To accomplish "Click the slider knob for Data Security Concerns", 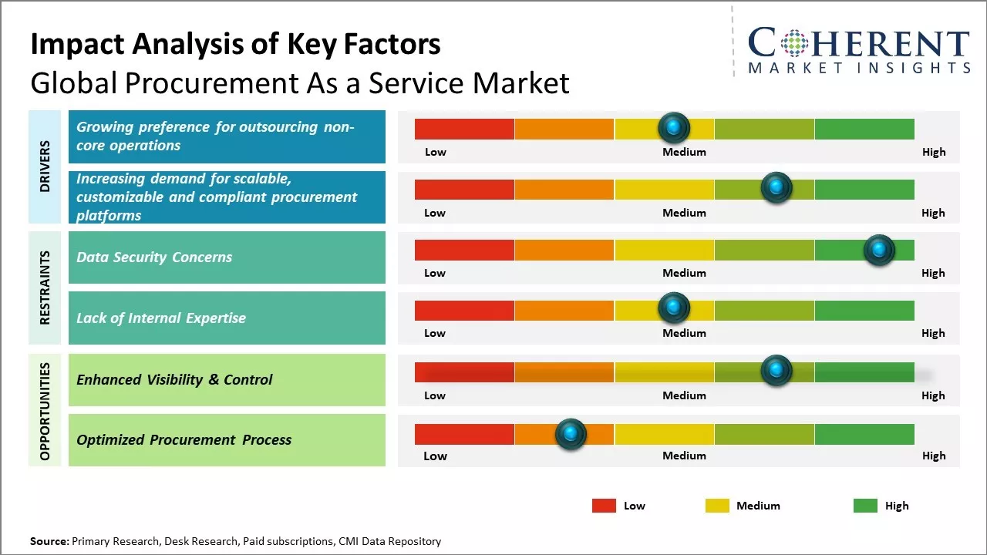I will [878, 250].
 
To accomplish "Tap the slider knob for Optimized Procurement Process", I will [571, 434].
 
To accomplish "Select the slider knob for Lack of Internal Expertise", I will [674, 308].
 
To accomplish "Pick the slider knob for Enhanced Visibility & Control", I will [776, 370].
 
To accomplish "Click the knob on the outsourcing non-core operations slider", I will [674, 127].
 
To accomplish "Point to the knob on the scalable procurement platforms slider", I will [776, 187].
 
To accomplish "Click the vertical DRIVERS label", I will [45, 166].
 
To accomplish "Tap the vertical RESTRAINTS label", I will [45, 288].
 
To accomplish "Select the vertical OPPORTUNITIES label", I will [45, 411].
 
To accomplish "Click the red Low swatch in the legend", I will [604, 506].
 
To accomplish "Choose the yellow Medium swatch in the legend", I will [717, 506].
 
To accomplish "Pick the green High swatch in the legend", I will [865, 506].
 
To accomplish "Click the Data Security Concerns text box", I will [227, 257].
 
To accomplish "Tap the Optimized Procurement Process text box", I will [227, 440].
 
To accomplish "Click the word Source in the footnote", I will [49, 542].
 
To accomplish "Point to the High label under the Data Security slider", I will [933, 273].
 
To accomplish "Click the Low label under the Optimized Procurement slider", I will [435, 456].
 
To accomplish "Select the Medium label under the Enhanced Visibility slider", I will [684, 395].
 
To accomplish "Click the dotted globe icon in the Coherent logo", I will [795, 43].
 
